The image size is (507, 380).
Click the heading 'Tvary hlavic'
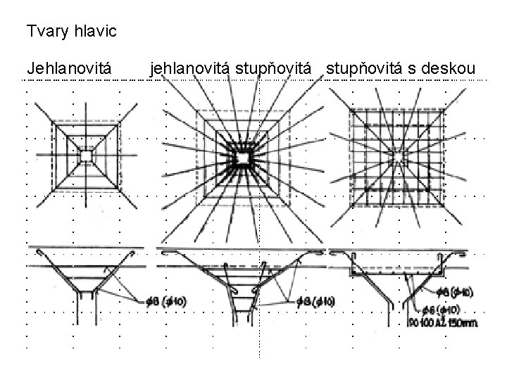71,32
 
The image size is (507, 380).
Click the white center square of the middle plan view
242,160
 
